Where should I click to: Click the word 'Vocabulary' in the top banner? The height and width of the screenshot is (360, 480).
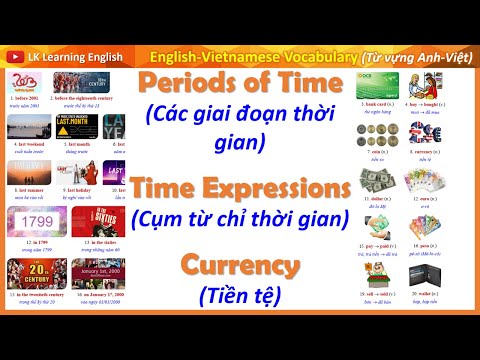306,54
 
